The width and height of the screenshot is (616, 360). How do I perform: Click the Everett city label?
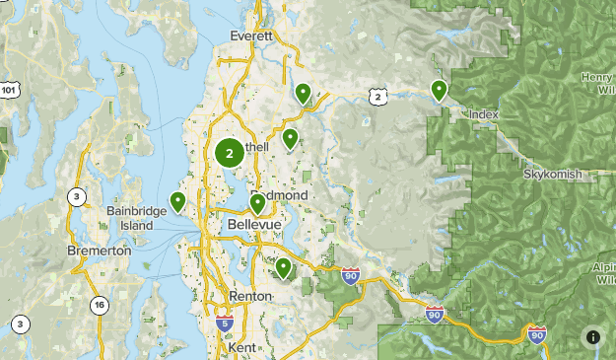point(250,36)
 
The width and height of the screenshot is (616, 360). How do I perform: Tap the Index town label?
point(484,115)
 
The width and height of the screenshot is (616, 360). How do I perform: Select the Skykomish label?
point(553,174)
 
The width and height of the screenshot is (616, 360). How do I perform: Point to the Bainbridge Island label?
point(130,218)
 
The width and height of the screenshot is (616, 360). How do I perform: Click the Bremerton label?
point(99,251)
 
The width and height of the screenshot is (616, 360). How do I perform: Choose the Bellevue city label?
point(254,225)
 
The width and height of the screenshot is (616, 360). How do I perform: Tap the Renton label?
point(249,296)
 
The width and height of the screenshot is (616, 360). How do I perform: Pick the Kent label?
point(240,348)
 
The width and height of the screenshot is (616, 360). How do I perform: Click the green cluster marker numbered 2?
point(230,153)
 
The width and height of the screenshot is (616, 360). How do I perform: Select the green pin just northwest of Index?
point(439,90)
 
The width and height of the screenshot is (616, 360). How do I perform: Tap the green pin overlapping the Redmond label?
point(257,203)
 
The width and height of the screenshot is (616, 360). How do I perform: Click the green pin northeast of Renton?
point(283,266)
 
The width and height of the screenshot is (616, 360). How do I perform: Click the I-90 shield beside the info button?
point(537,335)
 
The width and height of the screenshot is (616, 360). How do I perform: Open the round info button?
point(592,336)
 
